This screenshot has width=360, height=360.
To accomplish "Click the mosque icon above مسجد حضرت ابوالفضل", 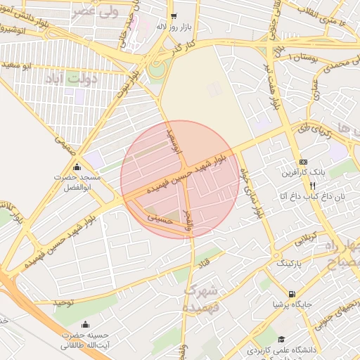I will coord(77,167).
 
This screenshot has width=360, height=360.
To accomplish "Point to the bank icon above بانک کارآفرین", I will coord(303,161).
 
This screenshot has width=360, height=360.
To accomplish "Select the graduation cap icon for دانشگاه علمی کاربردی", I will coord(281,338).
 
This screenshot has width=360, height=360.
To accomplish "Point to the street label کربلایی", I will coord(305,238).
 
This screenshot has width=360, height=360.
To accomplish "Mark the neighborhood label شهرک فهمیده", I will coord(202,298).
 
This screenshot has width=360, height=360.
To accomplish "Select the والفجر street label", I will coord(187,220).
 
